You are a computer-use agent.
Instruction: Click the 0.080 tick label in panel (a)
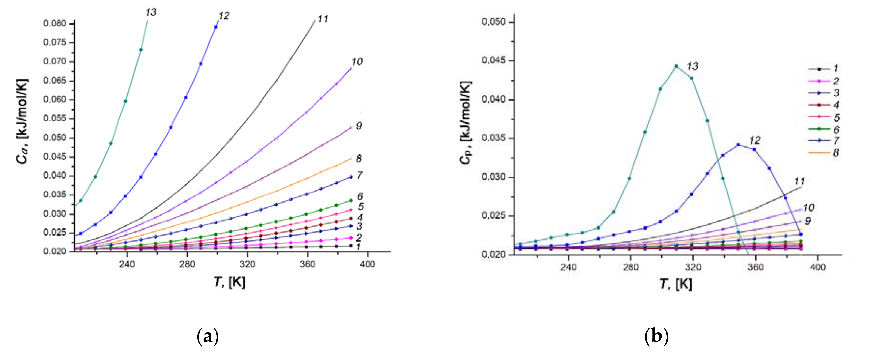tap(55, 23)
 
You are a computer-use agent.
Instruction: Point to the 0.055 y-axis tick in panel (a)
tap(55, 118)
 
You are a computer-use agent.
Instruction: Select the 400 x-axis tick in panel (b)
tap(817, 267)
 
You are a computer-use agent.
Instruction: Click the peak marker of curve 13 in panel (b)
tap(676, 66)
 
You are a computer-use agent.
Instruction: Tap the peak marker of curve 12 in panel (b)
tap(739, 145)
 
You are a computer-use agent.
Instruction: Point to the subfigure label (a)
tap(208, 337)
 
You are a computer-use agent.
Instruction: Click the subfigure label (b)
tap(656, 337)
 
